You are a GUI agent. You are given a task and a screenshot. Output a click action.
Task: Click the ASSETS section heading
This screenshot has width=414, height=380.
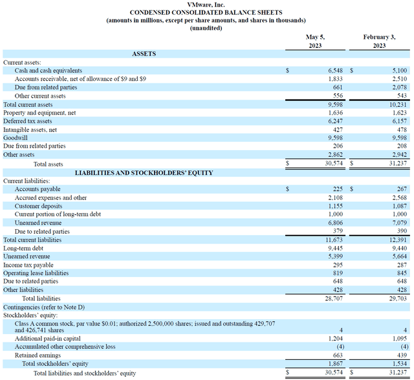pyautogui.click(x=144, y=54)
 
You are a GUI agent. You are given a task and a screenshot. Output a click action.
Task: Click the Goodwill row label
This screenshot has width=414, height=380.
pyautogui.click(x=16, y=138)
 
